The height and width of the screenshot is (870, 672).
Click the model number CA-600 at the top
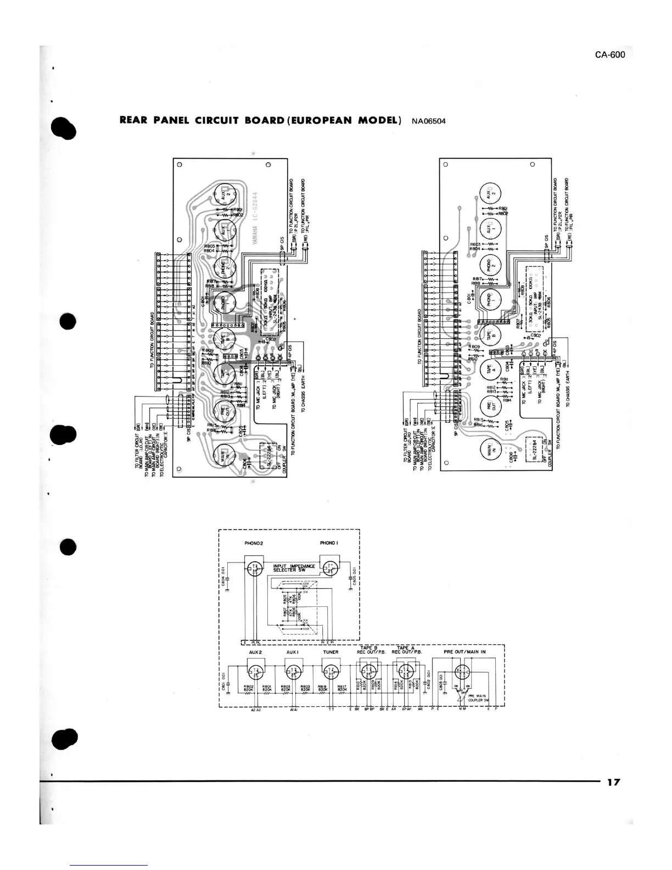609,54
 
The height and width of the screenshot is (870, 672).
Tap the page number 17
613,782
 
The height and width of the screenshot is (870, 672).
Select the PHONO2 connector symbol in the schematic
254,568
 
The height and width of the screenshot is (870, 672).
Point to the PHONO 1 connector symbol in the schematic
329,568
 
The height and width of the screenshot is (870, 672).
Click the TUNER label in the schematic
331,652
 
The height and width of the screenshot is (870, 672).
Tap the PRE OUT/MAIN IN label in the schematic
465,652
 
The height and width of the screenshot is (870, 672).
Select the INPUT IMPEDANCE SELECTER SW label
294,568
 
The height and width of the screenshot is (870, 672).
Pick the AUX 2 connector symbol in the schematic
254,671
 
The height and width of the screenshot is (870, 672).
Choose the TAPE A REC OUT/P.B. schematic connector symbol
406,671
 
